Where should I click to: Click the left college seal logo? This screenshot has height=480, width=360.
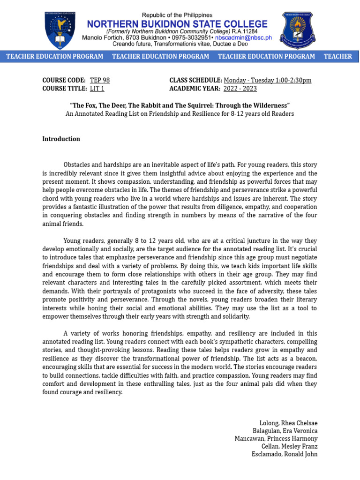pos(60,30)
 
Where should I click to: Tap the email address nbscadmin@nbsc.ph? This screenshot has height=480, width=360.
pos(243,37)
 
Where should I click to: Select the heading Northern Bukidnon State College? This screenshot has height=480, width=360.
pos(177,24)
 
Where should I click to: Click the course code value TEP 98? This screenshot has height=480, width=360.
pos(100,81)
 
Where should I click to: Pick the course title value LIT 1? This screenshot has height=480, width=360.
pos(97,89)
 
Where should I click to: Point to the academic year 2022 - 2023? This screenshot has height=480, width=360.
pos(240,89)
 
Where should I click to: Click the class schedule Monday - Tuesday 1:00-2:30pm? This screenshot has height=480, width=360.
pos(268,81)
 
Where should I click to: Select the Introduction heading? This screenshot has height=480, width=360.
pos(61,139)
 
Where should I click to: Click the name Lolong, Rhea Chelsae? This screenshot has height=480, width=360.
pos(288,423)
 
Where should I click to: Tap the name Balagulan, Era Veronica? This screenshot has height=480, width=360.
pos(285,431)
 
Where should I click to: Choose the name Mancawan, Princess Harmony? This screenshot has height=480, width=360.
pos(276,439)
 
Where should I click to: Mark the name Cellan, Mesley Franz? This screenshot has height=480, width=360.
pos(289,446)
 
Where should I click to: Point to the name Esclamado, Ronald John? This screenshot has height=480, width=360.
pos(285,454)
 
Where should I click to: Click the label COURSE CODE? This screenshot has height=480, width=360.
pos(64,81)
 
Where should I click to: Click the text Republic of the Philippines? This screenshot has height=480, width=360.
pos(177,15)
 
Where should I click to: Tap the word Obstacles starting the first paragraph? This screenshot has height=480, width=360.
pos(77,165)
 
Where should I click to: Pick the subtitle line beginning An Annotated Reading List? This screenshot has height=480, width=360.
pos(180,114)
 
